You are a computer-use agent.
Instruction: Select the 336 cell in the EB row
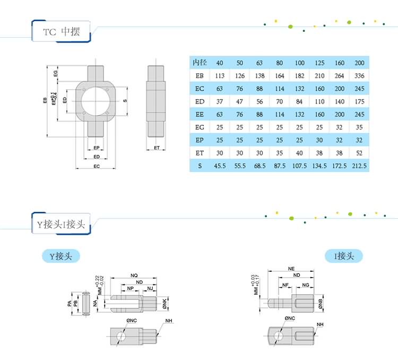[x=359, y=75]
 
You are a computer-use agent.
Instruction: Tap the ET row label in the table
[x=200, y=153]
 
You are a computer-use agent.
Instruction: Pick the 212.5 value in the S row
[x=359, y=166]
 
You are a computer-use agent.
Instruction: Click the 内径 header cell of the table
[x=200, y=63]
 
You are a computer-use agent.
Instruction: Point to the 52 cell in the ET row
[x=359, y=153]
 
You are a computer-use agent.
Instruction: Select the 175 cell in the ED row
[x=359, y=101]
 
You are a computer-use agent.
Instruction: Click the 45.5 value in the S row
[x=220, y=166]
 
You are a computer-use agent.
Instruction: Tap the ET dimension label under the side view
[x=157, y=148]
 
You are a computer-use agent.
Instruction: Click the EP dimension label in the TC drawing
[x=97, y=148]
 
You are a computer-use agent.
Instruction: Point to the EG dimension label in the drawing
[x=56, y=73]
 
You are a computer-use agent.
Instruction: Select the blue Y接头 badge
[x=61, y=256]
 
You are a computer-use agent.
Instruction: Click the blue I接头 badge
[x=344, y=256]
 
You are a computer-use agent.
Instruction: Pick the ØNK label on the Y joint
[x=165, y=303]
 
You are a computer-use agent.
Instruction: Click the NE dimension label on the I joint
[x=291, y=269]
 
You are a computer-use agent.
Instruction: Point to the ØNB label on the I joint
[x=321, y=303]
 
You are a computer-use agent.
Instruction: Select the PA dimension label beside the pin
[x=70, y=303]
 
